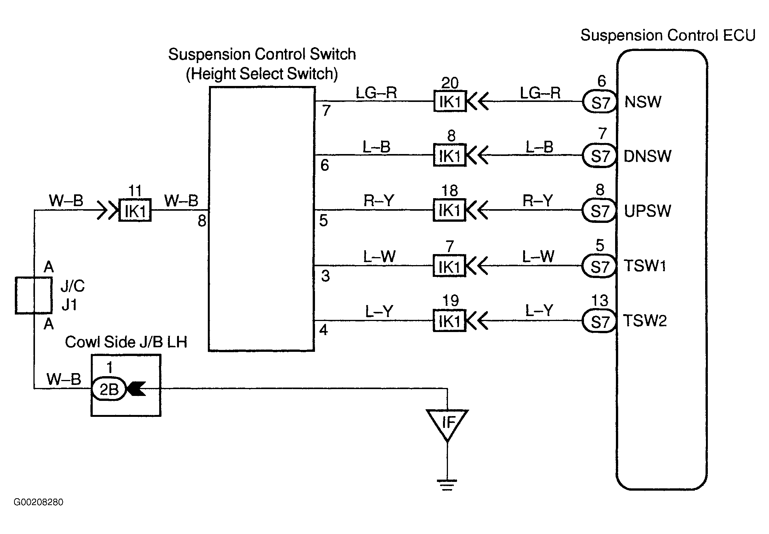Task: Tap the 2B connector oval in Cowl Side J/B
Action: (109, 389)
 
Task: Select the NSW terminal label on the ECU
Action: (643, 102)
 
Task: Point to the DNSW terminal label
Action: (647, 156)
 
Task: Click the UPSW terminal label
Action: (647, 211)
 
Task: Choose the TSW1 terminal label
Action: (646, 265)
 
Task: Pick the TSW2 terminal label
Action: (646, 320)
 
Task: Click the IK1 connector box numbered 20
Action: (450, 102)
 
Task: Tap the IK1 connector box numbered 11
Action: (135, 210)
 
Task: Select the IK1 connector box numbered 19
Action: (449, 321)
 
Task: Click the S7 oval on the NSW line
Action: (600, 102)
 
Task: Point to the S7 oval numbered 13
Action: (599, 321)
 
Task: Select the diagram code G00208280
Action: (38, 502)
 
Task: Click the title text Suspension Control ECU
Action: (668, 35)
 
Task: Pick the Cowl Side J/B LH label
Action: (126, 342)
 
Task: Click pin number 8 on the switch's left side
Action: (202, 221)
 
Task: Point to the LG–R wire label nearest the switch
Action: (376, 92)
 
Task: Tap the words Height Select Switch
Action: (262, 74)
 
